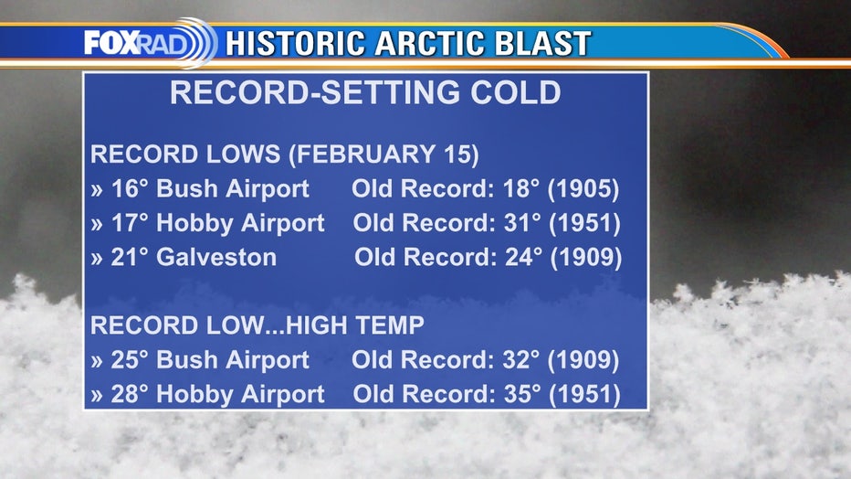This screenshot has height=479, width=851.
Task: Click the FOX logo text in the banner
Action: [111, 42]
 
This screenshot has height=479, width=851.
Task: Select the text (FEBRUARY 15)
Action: [383, 154]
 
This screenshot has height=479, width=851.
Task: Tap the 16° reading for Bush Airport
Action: [129, 188]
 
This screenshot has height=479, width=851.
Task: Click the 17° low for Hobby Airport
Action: [129, 223]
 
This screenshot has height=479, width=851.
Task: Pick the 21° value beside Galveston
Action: [129, 257]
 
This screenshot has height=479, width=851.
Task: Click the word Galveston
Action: [216, 257]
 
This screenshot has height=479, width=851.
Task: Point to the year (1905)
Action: [583, 189]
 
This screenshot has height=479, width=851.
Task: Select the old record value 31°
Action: [522, 223]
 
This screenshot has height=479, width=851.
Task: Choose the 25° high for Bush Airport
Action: [129, 359]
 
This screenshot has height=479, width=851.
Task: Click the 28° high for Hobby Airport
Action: [129, 394]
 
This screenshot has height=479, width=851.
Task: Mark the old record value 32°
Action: [521, 359]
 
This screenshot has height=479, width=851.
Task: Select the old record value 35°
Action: [522, 394]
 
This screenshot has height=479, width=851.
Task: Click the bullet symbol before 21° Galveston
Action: [97, 259]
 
